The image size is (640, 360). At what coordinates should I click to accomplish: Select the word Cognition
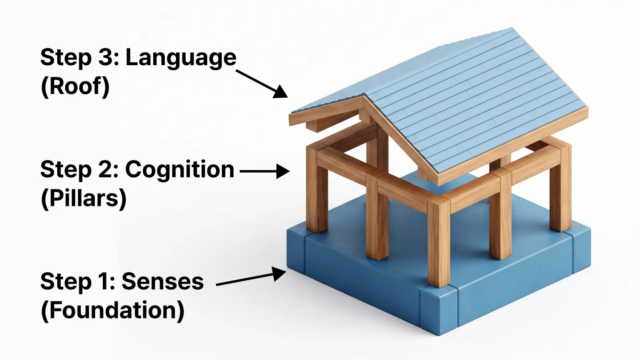(180, 170)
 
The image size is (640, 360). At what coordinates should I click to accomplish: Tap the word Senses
(162, 282)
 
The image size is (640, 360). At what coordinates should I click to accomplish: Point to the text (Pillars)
(84, 198)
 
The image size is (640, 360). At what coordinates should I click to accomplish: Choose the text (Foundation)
(112, 310)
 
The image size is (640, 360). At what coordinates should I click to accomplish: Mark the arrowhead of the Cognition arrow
(283, 171)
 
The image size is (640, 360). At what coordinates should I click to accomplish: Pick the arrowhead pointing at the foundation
(278, 274)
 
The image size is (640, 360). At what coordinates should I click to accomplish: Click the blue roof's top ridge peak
(512, 28)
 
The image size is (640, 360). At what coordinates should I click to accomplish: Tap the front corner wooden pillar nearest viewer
(439, 242)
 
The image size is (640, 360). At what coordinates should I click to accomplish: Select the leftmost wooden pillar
(317, 188)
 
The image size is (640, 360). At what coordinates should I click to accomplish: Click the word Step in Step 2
(66, 170)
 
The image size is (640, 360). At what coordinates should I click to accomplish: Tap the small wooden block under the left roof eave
(317, 126)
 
